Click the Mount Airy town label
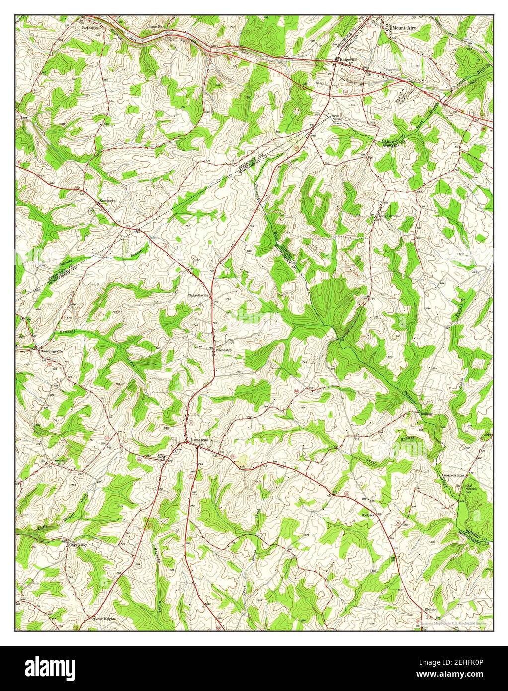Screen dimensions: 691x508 (404, 29)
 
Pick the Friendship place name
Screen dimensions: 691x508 (223, 350)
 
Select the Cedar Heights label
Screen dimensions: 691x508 (105, 619)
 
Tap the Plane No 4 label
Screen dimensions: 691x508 (156, 26)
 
